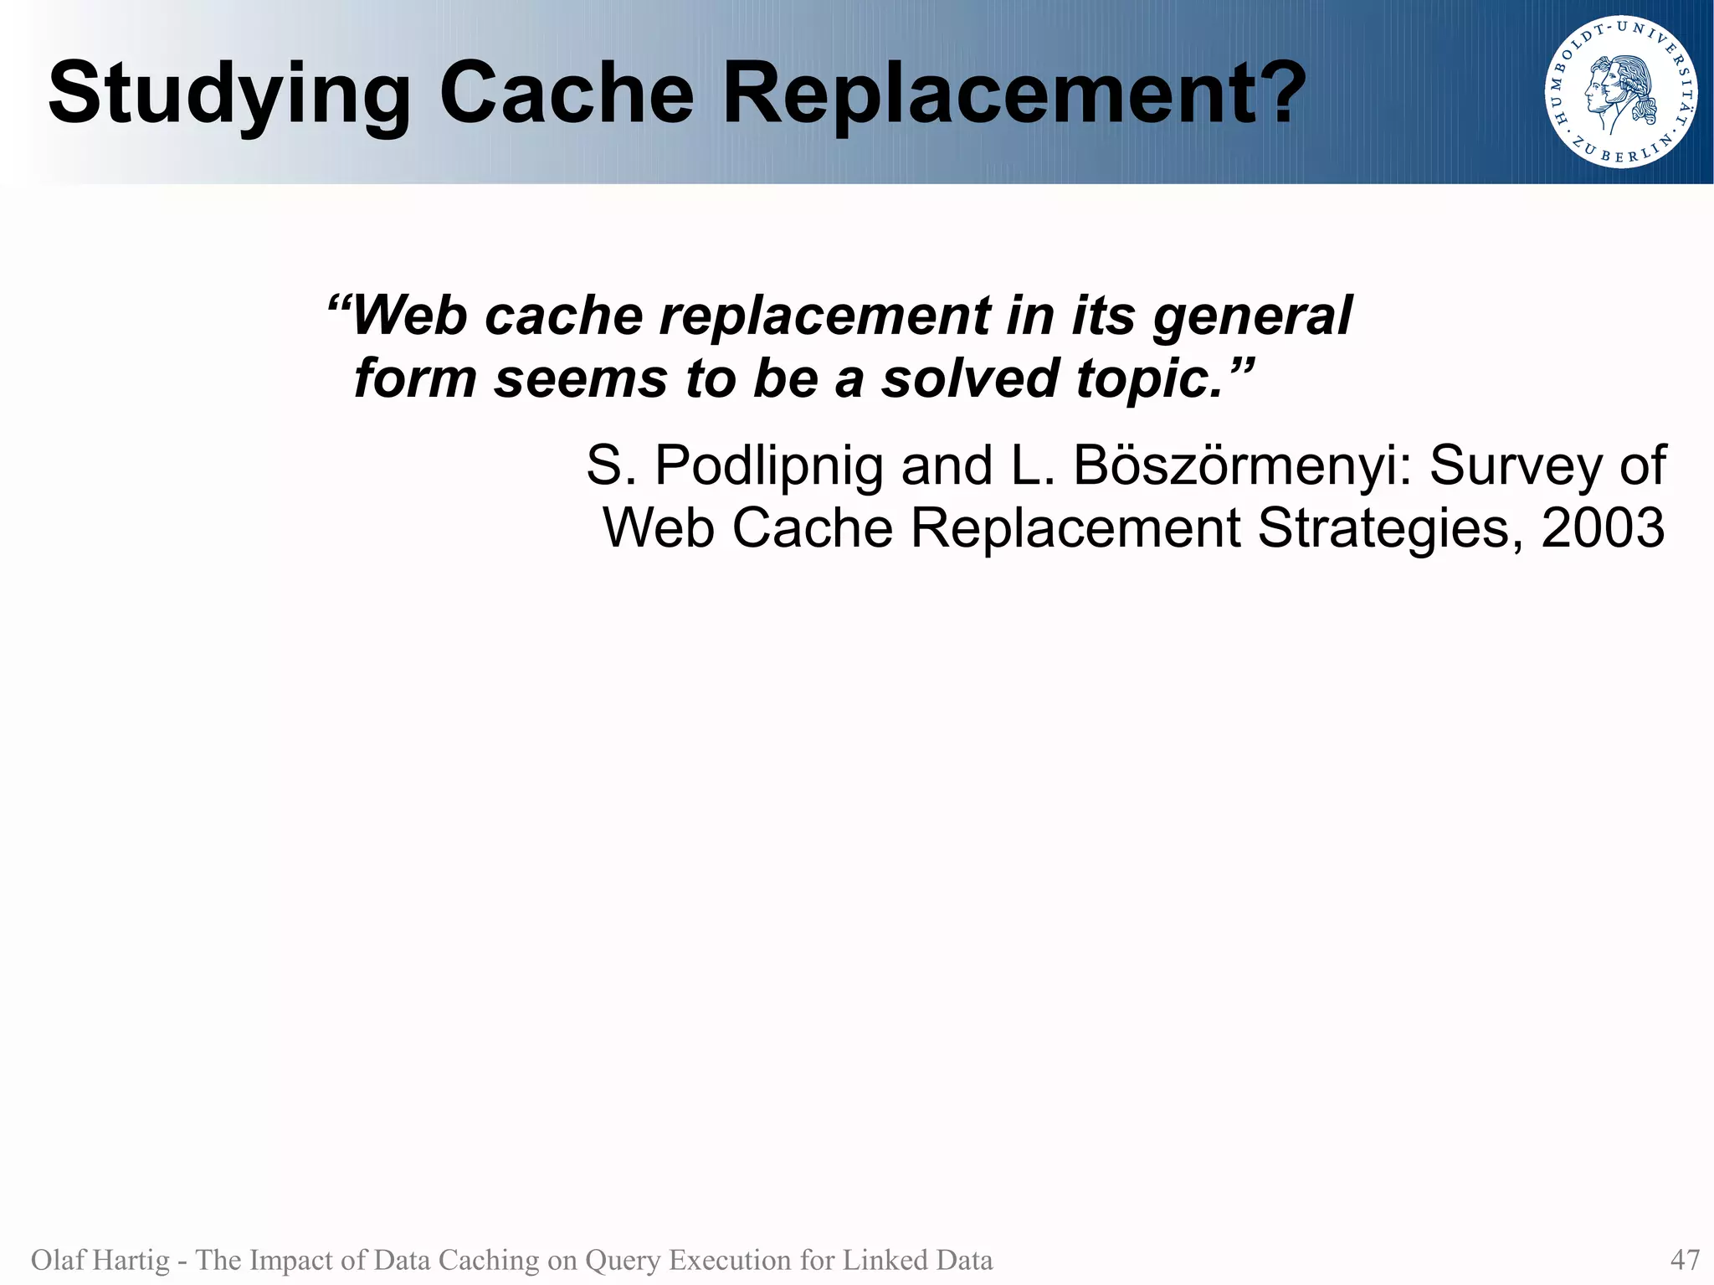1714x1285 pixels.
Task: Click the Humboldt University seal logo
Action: click(x=1621, y=91)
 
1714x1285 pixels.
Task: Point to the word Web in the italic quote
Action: click(x=409, y=316)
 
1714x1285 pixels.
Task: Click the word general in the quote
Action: click(x=1252, y=317)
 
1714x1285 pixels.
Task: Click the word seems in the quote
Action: click(x=580, y=378)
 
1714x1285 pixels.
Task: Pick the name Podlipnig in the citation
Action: click(x=768, y=466)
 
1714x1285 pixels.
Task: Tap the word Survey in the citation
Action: click(x=1515, y=466)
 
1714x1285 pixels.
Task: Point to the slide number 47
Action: click(x=1685, y=1259)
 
